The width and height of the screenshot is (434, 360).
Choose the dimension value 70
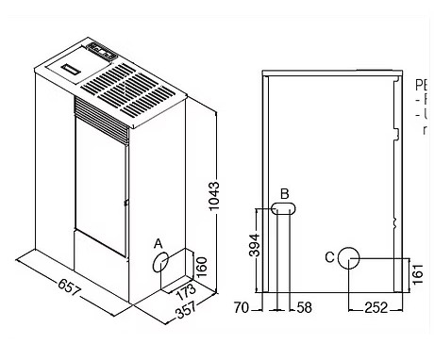[x=242, y=307]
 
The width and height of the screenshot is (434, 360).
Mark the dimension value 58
[x=302, y=307]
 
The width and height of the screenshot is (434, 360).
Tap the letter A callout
[x=159, y=244]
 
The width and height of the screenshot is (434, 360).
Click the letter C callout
[x=328, y=256]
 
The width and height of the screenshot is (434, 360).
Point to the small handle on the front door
[x=125, y=199]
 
